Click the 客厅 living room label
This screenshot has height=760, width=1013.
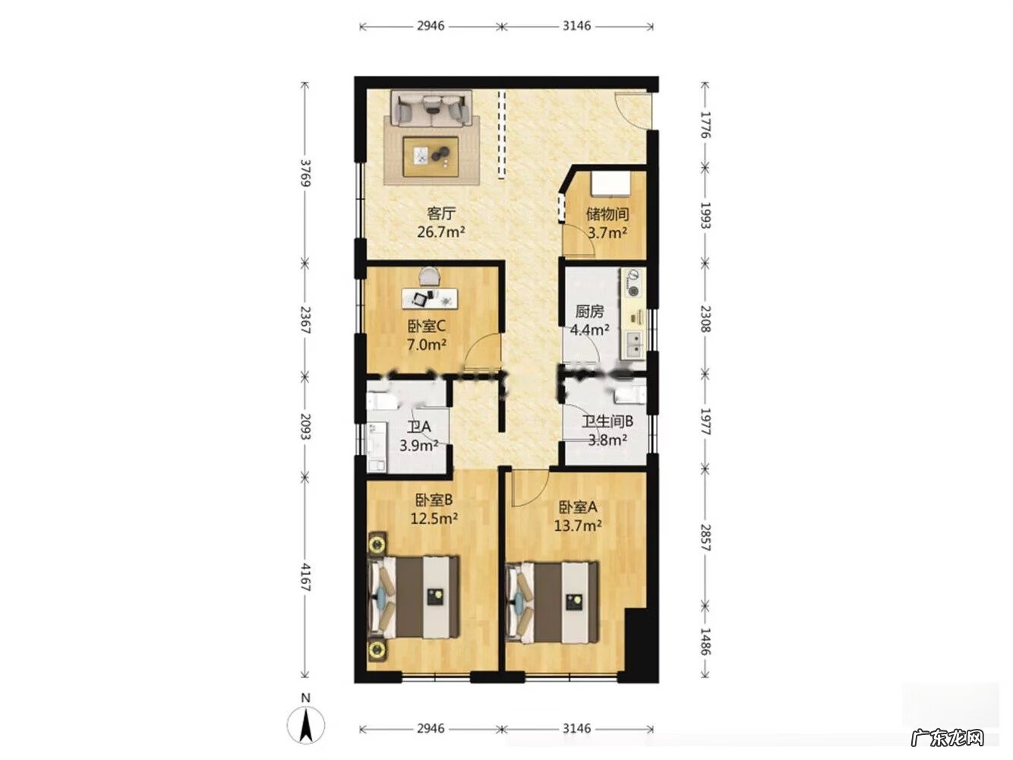(x=440, y=213)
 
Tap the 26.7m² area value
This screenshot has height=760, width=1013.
(x=440, y=231)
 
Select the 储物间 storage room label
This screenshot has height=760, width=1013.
(x=607, y=214)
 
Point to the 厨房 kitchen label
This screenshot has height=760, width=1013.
(x=589, y=312)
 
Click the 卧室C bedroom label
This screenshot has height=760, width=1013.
(x=426, y=326)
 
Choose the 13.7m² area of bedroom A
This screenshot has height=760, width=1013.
(x=577, y=525)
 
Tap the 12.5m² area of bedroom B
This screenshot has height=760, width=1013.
(x=434, y=519)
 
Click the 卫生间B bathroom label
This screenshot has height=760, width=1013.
(x=607, y=421)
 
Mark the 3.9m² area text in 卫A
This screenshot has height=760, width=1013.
(x=418, y=446)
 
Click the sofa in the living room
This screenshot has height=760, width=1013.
(x=431, y=109)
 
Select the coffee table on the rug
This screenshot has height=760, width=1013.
(x=431, y=156)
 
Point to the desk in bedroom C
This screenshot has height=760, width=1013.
(x=430, y=298)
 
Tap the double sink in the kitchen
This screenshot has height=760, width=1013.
(x=636, y=346)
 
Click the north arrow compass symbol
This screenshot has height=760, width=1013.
(x=305, y=725)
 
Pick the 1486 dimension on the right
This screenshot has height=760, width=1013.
(x=705, y=642)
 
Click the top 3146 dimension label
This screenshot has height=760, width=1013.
(x=576, y=26)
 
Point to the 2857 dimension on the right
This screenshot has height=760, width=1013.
(x=705, y=538)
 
